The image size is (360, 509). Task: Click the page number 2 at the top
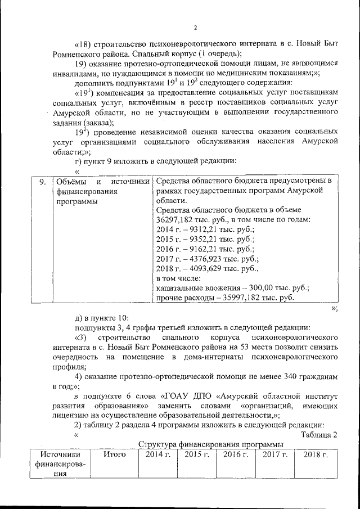tap(195, 28)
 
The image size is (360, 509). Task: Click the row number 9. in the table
tap(40, 182)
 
